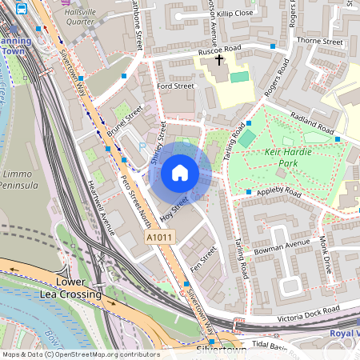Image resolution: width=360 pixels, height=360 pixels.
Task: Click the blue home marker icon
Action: (x=180, y=173)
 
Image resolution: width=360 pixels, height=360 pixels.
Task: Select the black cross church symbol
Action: (x=219, y=61)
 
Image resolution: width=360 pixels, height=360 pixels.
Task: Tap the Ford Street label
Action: (x=175, y=86)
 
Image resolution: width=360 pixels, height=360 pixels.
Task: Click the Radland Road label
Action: (x=312, y=122)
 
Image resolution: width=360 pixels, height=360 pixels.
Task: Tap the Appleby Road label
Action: (x=278, y=193)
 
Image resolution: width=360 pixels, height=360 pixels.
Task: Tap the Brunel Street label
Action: (x=124, y=120)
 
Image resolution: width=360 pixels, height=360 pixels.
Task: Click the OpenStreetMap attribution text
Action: (x=80, y=354)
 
